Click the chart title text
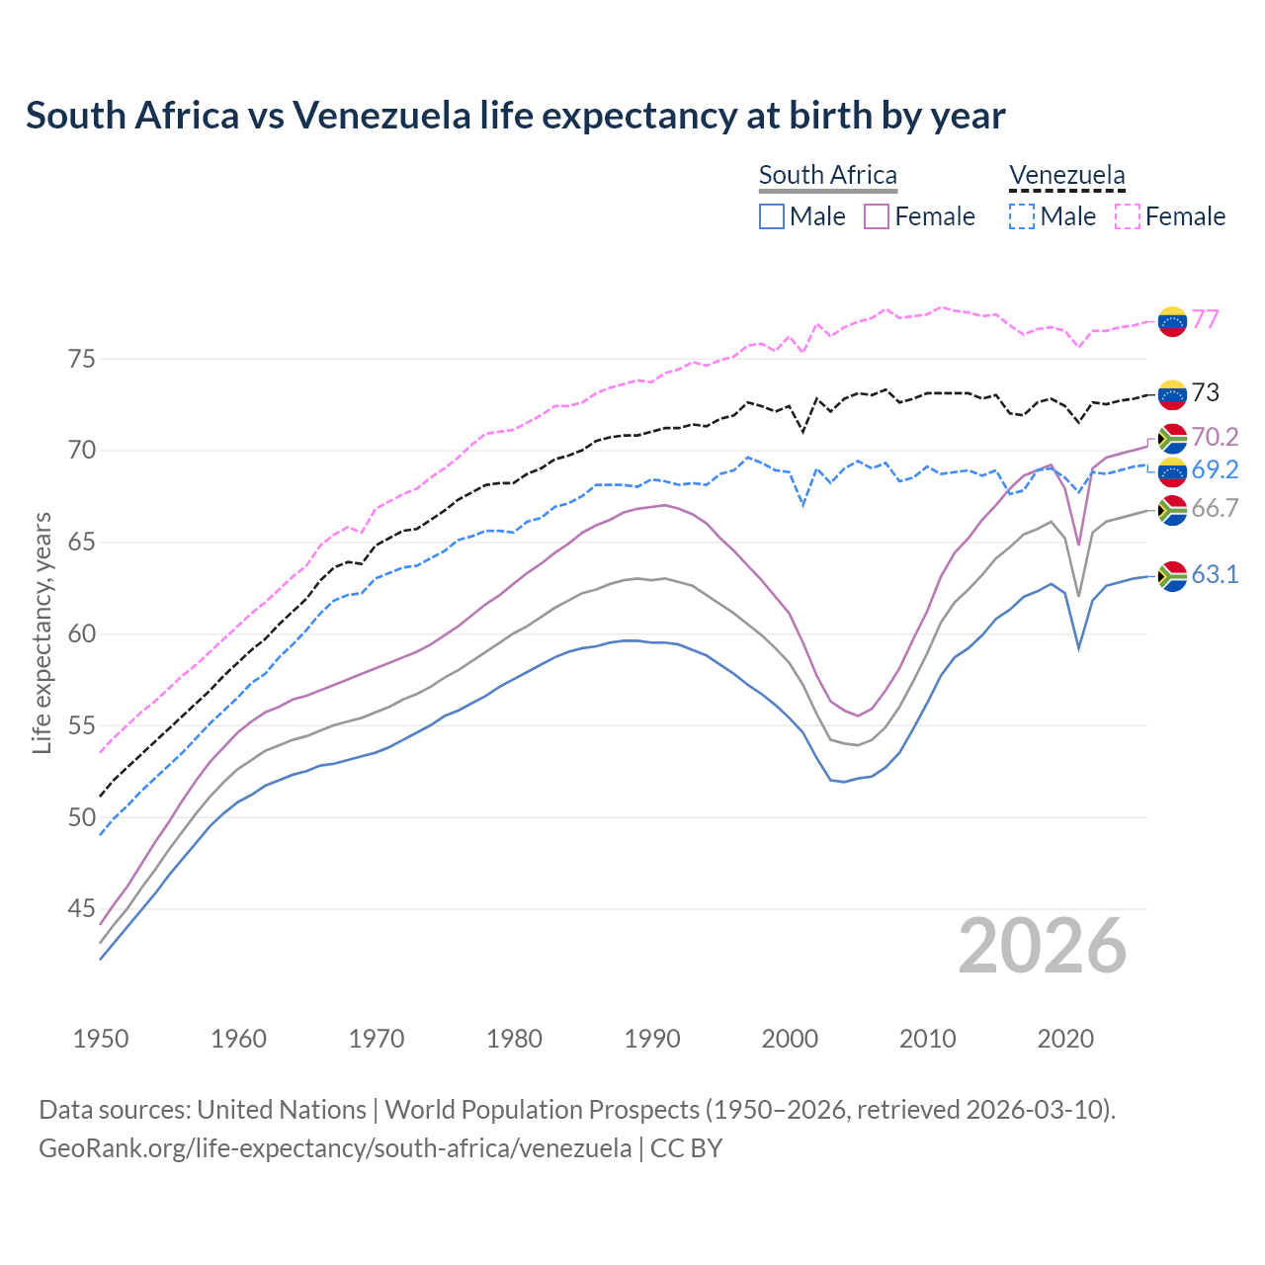(515, 116)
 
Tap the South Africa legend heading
(827, 175)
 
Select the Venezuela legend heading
(1066, 175)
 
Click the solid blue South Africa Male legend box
(772, 216)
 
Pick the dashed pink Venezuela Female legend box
(1128, 216)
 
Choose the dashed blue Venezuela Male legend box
(1022, 216)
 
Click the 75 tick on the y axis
(82, 359)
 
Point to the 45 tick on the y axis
(82, 909)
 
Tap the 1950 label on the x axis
(101, 1039)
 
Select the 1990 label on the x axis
(652, 1039)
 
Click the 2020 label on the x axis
(1065, 1039)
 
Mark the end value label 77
(1205, 320)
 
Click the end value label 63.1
(1215, 575)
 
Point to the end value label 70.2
(1215, 437)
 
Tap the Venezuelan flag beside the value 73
(1172, 394)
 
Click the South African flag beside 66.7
(1172, 510)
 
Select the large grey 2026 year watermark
(1042, 946)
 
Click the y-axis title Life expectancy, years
(42, 632)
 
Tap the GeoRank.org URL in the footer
(335, 1148)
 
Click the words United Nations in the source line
(282, 1110)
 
